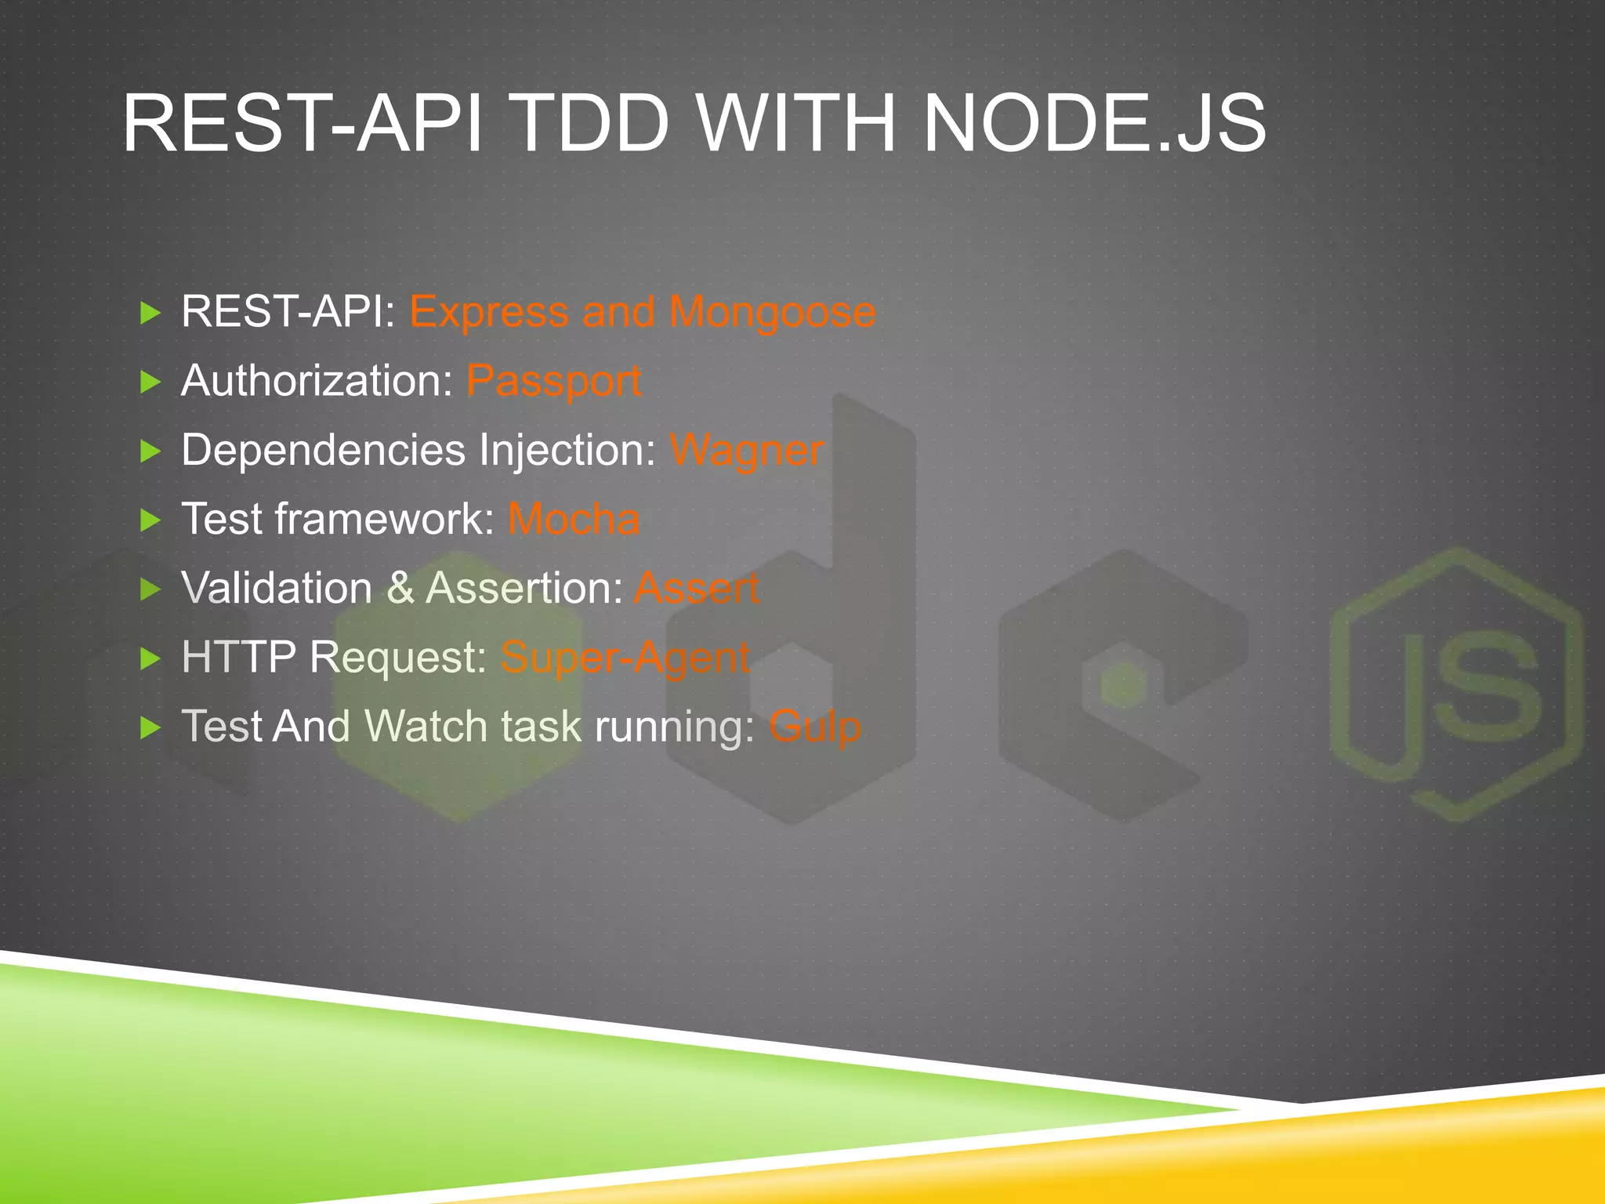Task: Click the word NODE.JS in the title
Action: pyautogui.click(x=1094, y=124)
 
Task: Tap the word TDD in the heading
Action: pyautogui.click(x=592, y=124)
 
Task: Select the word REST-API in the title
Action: pyautogui.click(x=303, y=124)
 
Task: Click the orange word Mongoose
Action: pyautogui.click(x=772, y=313)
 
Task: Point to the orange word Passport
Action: pyautogui.click(x=553, y=382)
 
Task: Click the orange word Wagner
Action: pyautogui.click(x=746, y=451)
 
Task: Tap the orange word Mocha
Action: pyautogui.click(x=574, y=519)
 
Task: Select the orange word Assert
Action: pyautogui.click(x=696, y=588)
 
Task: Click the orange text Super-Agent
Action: pyautogui.click(x=625, y=657)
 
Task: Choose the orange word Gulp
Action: pyautogui.click(x=814, y=727)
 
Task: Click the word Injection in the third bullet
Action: pyautogui.click(x=567, y=451)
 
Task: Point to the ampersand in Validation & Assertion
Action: pyautogui.click(x=400, y=588)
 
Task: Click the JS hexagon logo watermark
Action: pyautogui.click(x=1456, y=684)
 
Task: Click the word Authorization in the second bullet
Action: pyautogui.click(x=317, y=381)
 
